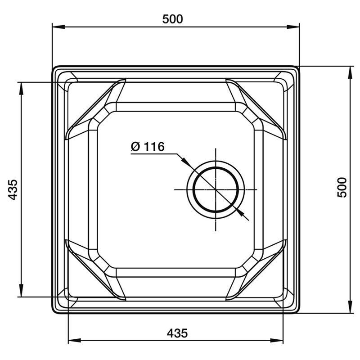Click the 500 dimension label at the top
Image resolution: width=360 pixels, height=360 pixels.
(x=172, y=19)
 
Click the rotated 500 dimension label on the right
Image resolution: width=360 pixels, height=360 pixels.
(x=342, y=187)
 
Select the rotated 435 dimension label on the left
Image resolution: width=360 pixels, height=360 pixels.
(x=13, y=189)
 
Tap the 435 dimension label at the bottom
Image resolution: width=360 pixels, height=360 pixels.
(x=177, y=333)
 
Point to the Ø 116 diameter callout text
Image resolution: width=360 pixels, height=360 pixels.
(x=148, y=147)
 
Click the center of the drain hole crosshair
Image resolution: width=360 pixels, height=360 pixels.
(x=216, y=189)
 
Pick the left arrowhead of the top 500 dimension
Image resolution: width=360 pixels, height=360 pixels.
(x=58, y=27)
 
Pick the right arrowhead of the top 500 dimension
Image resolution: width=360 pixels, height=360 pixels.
(x=293, y=27)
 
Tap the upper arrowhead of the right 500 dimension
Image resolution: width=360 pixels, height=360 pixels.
(x=350, y=72)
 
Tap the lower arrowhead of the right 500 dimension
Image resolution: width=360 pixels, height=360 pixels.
(x=350, y=307)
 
